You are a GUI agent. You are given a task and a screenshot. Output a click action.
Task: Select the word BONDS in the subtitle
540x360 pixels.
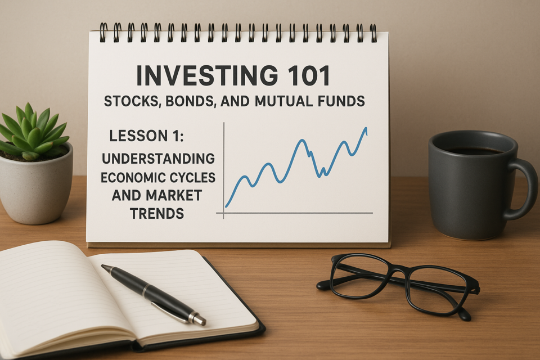coord(190,102)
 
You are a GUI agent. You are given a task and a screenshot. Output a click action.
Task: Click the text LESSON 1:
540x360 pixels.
coord(146,136)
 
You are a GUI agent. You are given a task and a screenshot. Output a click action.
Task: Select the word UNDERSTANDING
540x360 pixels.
coord(158,159)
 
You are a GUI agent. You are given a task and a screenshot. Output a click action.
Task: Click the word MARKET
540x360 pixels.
coord(174,196)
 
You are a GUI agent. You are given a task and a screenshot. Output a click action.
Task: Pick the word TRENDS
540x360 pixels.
coord(157,214)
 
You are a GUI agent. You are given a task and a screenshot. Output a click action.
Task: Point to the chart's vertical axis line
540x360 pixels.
coord(224,170)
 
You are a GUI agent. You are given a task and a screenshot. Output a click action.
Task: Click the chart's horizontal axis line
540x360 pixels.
coord(294,213)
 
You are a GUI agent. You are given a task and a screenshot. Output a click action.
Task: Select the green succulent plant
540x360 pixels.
coord(33,133)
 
